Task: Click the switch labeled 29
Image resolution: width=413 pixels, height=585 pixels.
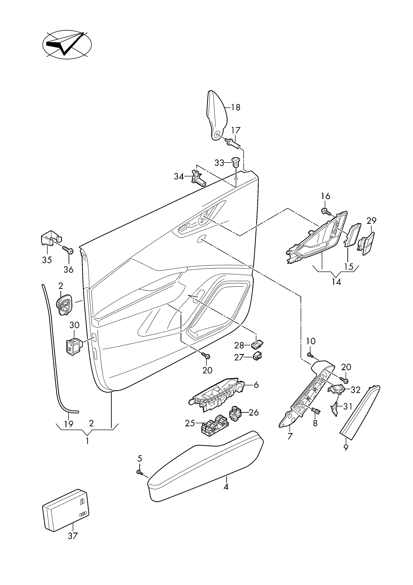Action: (366, 242)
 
